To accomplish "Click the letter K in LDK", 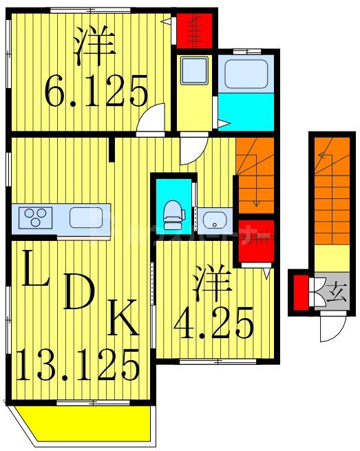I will (125, 321).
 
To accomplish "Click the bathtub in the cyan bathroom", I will (245, 73).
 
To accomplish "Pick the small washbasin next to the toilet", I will (214, 221).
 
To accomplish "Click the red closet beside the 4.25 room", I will (256, 240).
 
